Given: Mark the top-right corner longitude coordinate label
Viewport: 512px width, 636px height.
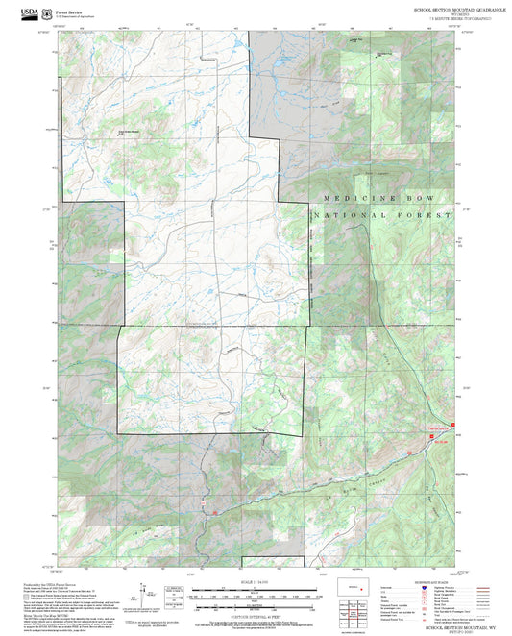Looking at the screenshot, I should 458,27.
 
